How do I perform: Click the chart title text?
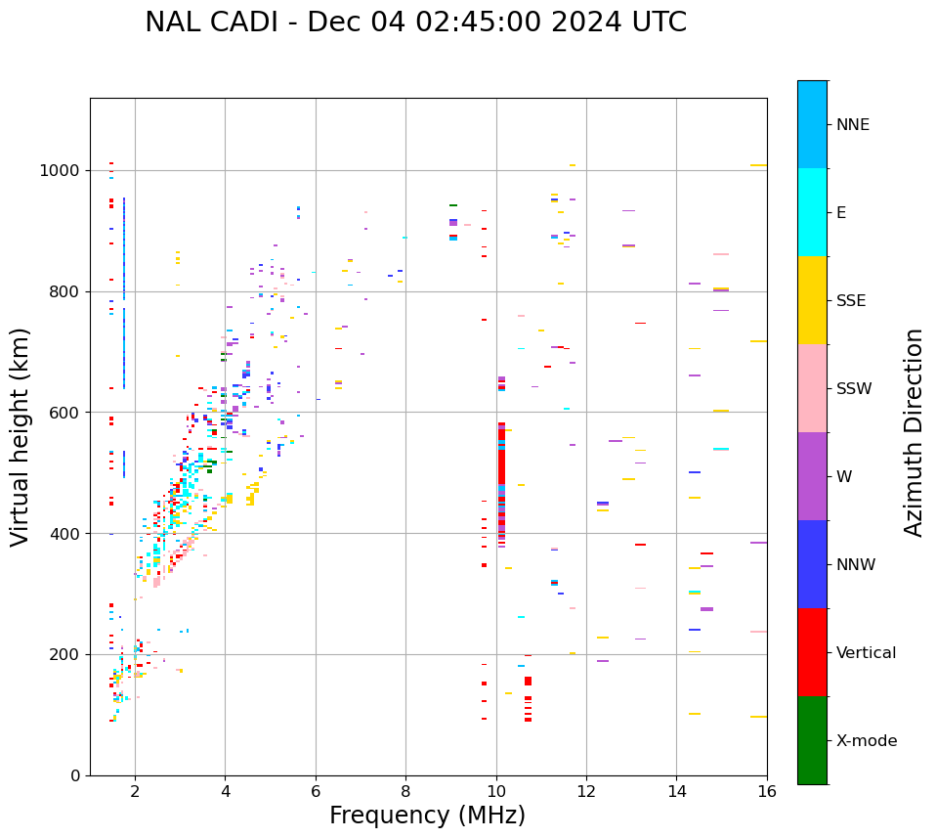pyautogui.click(x=415, y=22)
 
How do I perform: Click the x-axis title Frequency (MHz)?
pyautogui.click(x=427, y=816)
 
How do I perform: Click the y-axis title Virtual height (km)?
pyautogui.click(x=21, y=437)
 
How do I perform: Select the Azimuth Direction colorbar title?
pyautogui.click(x=914, y=432)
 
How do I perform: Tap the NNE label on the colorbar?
pyautogui.click(x=852, y=125)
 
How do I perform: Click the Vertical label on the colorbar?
pyautogui.click(x=866, y=653)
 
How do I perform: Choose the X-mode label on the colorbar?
pyautogui.click(x=866, y=741)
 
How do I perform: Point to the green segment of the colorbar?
pyautogui.click(x=812, y=740)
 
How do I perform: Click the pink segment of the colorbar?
pyautogui.click(x=812, y=388)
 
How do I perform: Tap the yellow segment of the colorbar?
pyautogui.click(x=812, y=300)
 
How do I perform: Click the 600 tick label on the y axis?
pyautogui.click(x=66, y=413)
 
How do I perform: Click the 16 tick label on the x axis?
pyautogui.click(x=766, y=792)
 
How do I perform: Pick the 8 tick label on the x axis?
pyautogui.click(x=405, y=792)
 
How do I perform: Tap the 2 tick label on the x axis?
pyautogui.click(x=135, y=792)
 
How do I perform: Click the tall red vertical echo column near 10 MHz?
pyautogui.click(x=501, y=479)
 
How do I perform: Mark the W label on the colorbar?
pyautogui.click(x=844, y=477)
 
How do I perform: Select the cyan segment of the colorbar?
pyautogui.click(x=812, y=212)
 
